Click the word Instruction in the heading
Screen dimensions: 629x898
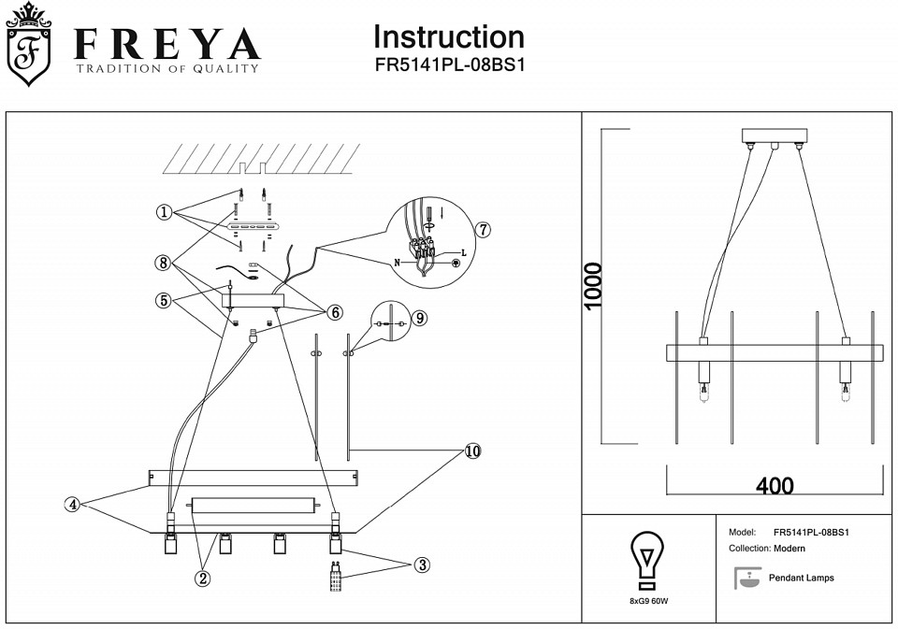pyautogui.click(x=448, y=37)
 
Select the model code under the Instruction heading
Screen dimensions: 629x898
pyautogui.click(x=448, y=67)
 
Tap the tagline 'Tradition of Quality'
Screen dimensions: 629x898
pyautogui.click(x=167, y=68)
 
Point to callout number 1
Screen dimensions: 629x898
pyautogui.click(x=164, y=213)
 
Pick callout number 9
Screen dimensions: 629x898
pyautogui.click(x=420, y=318)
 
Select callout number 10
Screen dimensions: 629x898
pyautogui.click(x=472, y=451)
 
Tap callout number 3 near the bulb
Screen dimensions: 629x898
pyautogui.click(x=422, y=565)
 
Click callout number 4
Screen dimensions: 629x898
pyautogui.click(x=72, y=505)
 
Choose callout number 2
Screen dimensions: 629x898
pyautogui.click(x=202, y=578)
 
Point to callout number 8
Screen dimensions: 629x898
pyautogui.click(x=164, y=263)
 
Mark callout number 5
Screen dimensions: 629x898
pyautogui.click(x=164, y=300)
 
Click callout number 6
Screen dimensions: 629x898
pyautogui.click(x=335, y=311)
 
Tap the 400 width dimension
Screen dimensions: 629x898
pyautogui.click(x=775, y=486)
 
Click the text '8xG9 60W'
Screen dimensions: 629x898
pyautogui.click(x=647, y=602)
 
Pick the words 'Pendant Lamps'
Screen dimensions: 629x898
pyautogui.click(x=801, y=578)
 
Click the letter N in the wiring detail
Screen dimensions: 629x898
pyautogui.click(x=397, y=263)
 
